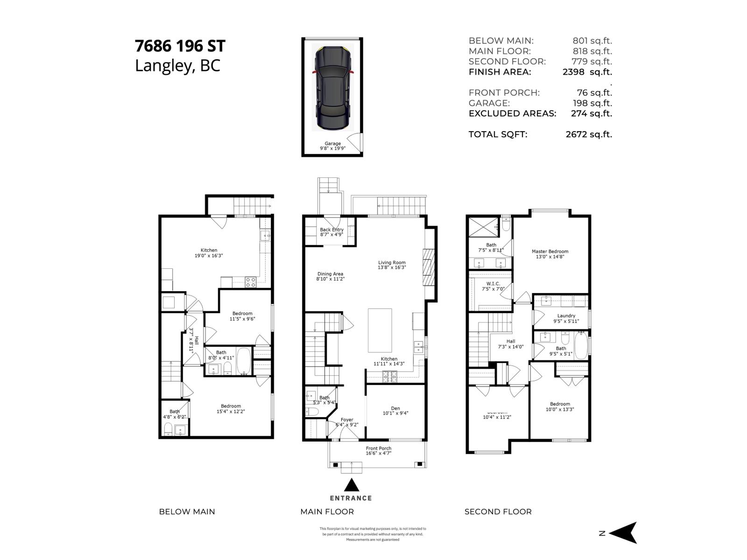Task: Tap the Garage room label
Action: tap(332, 146)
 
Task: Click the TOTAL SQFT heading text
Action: tap(498, 134)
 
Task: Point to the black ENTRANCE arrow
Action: tap(352, 485)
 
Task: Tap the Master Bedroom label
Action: tap(550, 254)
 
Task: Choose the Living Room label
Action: tap(392, 265)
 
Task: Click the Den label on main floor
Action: tap(395, 411)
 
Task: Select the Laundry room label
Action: tap(566, 318)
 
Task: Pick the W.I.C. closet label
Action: tap(493, 286)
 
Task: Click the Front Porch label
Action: tap(379, 451)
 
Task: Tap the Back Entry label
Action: tap(331, 232)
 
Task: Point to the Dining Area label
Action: tap(330, 276)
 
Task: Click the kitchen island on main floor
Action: tap(380, 330)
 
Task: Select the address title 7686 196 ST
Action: tap(180, 46)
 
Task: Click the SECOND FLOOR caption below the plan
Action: tap(498, 511)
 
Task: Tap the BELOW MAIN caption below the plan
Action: tap(187, 511)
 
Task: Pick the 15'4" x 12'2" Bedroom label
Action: tap(231, 409)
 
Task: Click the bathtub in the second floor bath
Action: tap(581, 346)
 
